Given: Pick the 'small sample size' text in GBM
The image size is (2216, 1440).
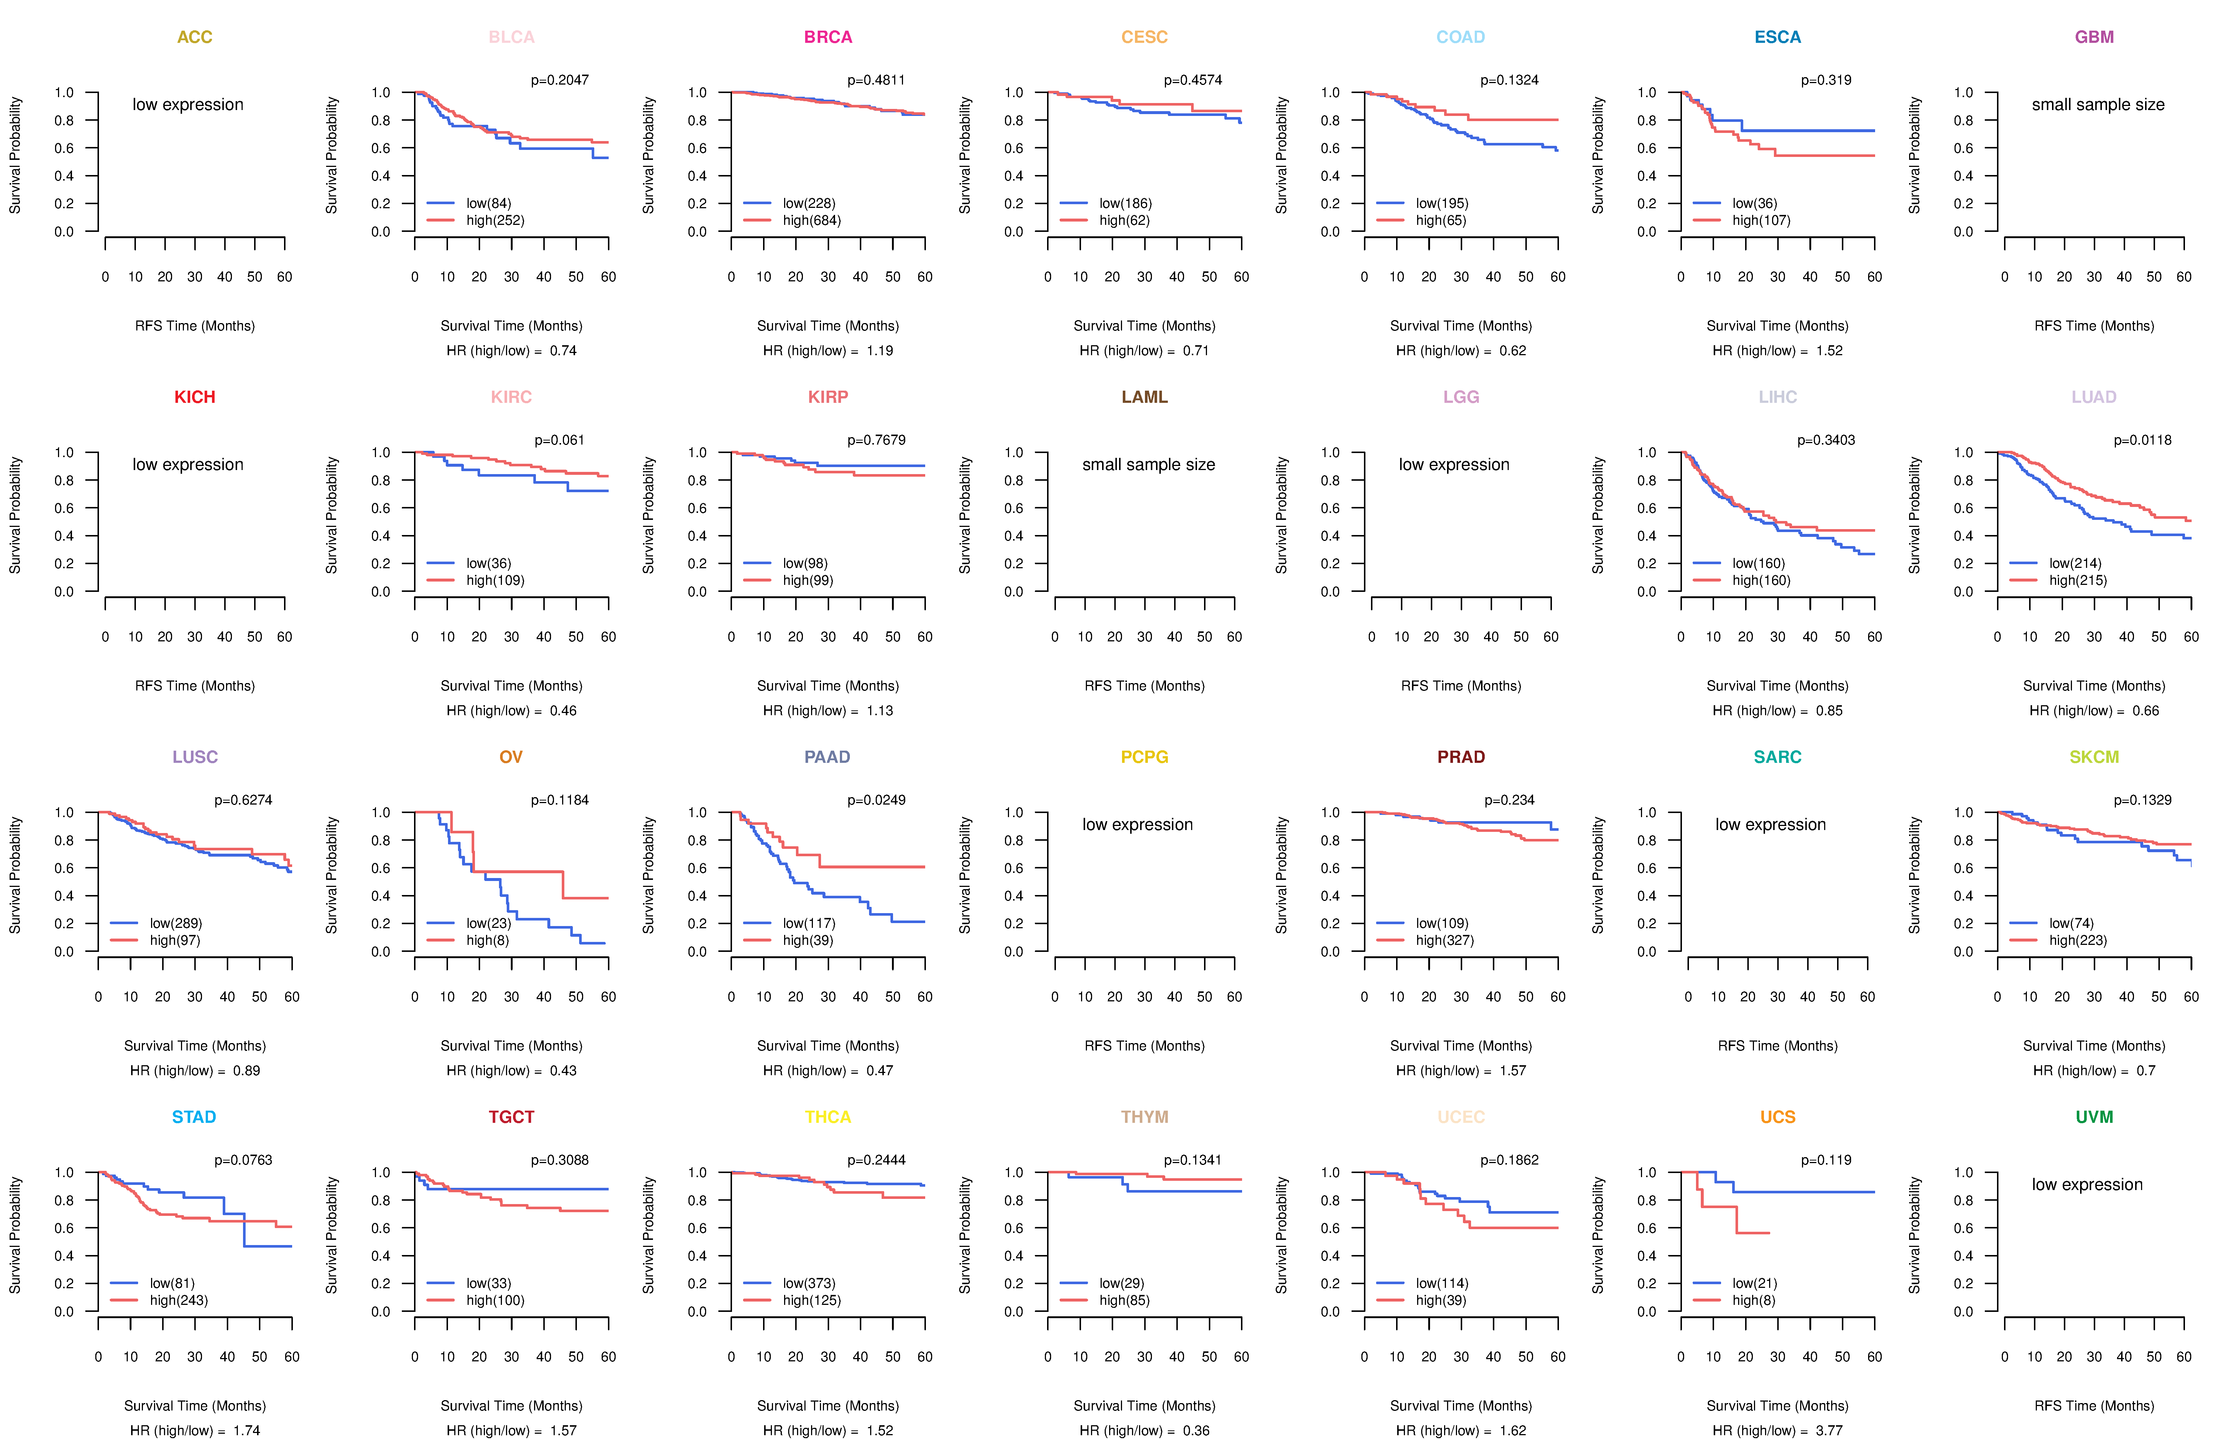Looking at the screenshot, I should pos(2098,104).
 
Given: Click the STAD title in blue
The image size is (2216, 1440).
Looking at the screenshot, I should pos(194,1117).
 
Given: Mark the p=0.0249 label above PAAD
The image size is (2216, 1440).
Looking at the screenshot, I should pos(876,800).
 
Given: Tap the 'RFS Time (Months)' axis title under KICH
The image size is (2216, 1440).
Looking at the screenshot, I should pos(195,686).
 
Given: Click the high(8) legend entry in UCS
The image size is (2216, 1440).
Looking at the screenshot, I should pos(1753,1300).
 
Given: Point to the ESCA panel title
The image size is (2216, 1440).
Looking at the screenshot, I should pos(1778,37).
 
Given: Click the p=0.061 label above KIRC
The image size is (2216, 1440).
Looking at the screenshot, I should pos(560,440).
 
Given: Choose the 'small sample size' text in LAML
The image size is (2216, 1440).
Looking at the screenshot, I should pos(1148,464).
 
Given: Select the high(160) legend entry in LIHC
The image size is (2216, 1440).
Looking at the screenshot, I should pos(1761,581).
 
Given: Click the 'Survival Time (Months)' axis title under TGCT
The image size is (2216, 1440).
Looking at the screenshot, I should pos(511,1406).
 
